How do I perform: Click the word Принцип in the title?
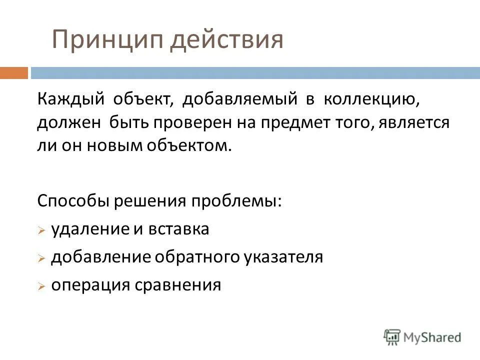tap(107, 40)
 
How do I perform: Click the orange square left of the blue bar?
tap(13, 73)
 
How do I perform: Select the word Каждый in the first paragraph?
tap(70, 100)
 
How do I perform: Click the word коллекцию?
tap(370, 100)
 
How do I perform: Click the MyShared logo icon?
tap(392, 336)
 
